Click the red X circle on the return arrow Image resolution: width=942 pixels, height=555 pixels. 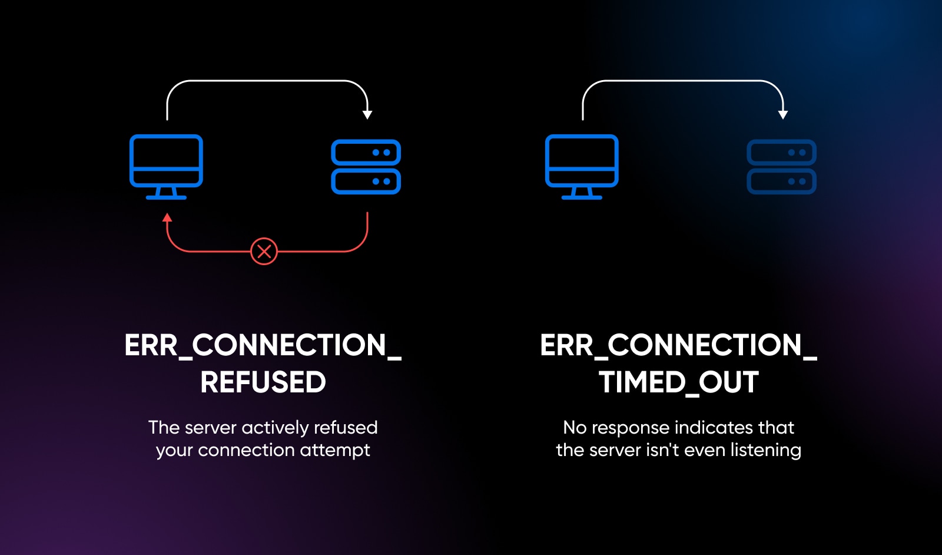[x=264, y=252]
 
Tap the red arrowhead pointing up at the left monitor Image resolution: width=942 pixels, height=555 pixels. [x=167, y=218]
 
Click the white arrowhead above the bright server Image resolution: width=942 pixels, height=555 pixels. [x=367, y=114]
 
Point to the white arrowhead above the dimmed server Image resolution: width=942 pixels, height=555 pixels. [x=783, y=114]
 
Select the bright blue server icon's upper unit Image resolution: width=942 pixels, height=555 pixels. [x=366, y=153]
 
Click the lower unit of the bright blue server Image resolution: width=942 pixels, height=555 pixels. [x=366, y=181]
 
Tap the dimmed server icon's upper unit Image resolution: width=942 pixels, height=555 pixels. [x=781, y=153]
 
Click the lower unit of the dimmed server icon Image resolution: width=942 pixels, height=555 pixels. [x=781, y=181]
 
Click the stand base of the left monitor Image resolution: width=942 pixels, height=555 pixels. [x=166, y=197]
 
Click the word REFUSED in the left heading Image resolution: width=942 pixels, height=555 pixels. [x=263, y=382]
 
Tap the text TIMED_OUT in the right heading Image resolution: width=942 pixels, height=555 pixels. [x=678, y=382]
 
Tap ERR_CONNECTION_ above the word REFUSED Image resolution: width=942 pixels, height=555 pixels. [x=263, y=346]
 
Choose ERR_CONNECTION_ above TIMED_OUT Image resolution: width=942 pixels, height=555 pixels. [x=678, y=346]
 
